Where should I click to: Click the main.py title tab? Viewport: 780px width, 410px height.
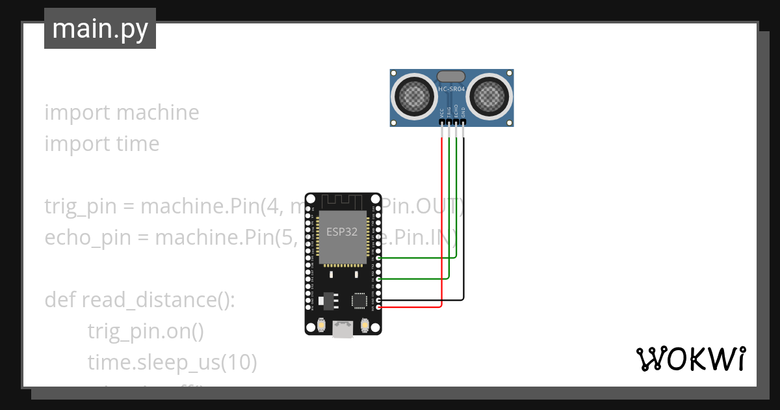point(100,29)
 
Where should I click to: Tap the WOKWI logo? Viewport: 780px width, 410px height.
point(690,359)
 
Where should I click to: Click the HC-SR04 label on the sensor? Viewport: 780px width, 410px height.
point(452,89)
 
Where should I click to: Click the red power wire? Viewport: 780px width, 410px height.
point(442,228)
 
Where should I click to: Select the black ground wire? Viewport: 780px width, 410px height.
point(463,228)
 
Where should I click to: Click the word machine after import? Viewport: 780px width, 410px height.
point(158,113)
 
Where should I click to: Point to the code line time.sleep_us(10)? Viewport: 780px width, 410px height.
point(172,362)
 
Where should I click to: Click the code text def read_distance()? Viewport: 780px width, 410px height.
point(139,300)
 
